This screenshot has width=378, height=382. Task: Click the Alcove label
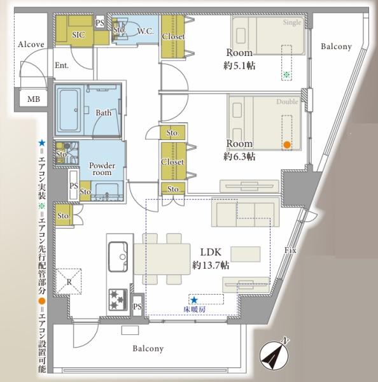(31, 45)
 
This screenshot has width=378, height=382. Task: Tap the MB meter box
(33, 99)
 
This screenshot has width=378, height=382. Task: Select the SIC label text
(78, 35)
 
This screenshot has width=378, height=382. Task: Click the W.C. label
(145, 31)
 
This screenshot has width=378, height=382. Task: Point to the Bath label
(104, 113)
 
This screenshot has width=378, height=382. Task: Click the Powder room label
(102, 169)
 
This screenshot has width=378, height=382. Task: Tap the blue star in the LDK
(194, 300)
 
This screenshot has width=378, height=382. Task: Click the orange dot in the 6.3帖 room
(287, 145)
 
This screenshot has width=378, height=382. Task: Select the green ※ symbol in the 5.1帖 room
(286, 74)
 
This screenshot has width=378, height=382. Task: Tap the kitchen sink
(118, 257)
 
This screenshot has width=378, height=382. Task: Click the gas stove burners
(118, 300)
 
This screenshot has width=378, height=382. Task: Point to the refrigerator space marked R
(69, 281)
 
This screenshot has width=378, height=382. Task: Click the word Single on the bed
(292, 22)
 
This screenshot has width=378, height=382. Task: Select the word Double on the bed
(287, 102)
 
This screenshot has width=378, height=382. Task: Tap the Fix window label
(290, 250)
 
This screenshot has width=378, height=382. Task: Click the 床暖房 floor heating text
(194, 309)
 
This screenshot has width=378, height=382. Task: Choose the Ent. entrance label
(62, 66)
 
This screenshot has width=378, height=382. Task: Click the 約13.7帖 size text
(211, 265)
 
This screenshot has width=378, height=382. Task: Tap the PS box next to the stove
(137, 306)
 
